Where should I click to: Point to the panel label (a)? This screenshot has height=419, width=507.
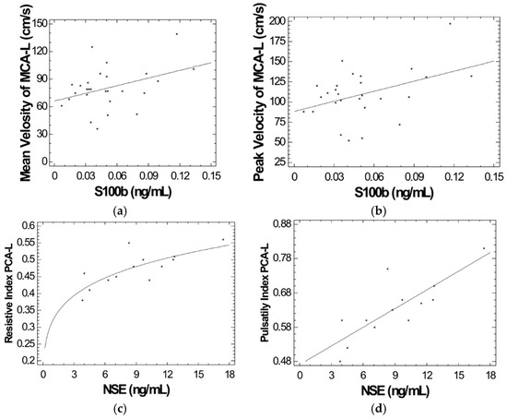click(x=124, y=211)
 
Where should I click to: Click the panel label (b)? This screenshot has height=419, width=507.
click(x=381, y=211)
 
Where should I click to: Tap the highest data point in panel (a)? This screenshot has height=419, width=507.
click(x=177, y=33)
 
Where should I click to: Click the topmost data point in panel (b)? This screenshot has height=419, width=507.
click(x=451, y=23)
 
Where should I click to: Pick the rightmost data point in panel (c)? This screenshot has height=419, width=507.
click(x=222, y=240)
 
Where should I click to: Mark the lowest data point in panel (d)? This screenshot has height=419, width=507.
click(x=339, y=361)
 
